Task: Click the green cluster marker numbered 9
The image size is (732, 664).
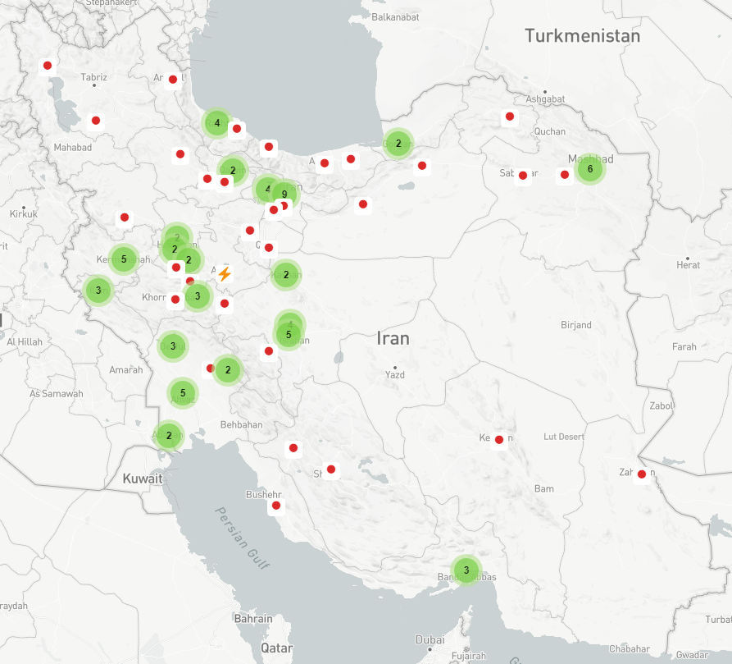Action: click(x=284, y=195)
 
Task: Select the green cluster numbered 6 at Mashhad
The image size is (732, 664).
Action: click(x=590, y=169)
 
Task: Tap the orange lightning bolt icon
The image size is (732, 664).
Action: click(x=225, y=274)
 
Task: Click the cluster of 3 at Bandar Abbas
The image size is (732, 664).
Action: click(x=466, y=570)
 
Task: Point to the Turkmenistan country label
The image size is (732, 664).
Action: click(x=582, y=36)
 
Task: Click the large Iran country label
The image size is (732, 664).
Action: click(x=393, y=337)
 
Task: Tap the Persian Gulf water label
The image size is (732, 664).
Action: click(x=243, y=538)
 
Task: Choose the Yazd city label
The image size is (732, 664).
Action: click(x=395, y=375)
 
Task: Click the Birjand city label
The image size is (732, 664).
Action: click(x=576, y=325)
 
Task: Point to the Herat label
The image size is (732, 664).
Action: click(x=688, y=265)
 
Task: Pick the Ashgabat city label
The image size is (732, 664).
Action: click(x=546, y=98)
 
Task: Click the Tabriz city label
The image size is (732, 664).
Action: click(x=94, y=77)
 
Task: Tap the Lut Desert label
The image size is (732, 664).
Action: click(x=565, y=437)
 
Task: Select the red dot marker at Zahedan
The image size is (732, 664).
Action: click(x=642, y=474)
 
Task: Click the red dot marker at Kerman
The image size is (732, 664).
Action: click(x=499, y=440)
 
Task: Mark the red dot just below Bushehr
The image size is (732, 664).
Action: click(x=276, y=505)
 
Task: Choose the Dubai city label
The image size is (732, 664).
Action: click(x=430, y=639)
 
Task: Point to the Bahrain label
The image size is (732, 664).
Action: click(x=253, y=618)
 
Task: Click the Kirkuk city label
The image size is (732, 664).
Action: click(x=24, y=214)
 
